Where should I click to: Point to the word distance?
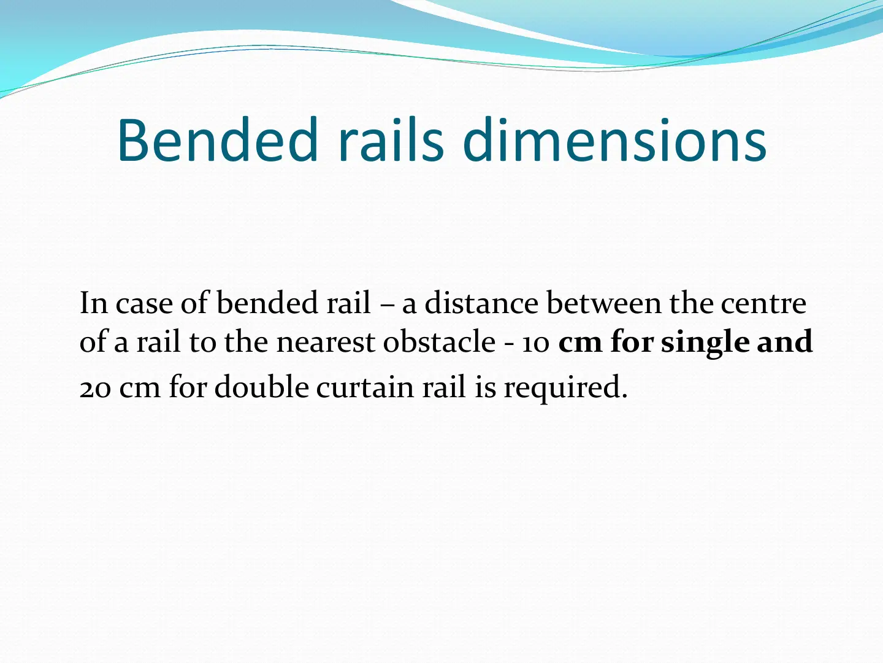(481, 303)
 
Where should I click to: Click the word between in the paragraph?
(604, 303)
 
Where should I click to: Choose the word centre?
(763, 303)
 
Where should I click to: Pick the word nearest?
(326, 342)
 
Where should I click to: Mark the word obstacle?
(439, 341)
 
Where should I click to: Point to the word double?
(262, 387)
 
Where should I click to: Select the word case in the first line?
(145, 304)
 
